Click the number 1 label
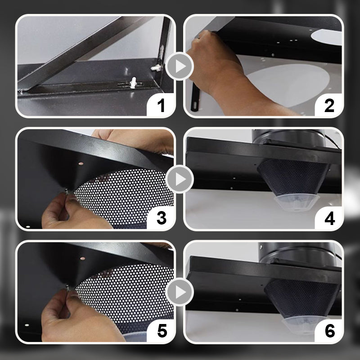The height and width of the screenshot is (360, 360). click(x=161, y=106)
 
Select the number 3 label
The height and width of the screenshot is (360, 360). click(x=161, y=218)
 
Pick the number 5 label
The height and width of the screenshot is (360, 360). click(x=161, y=332)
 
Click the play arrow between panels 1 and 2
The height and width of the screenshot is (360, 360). click(x=180, y=67)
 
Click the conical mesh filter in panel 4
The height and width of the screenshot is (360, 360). click(x=288, y=175)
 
